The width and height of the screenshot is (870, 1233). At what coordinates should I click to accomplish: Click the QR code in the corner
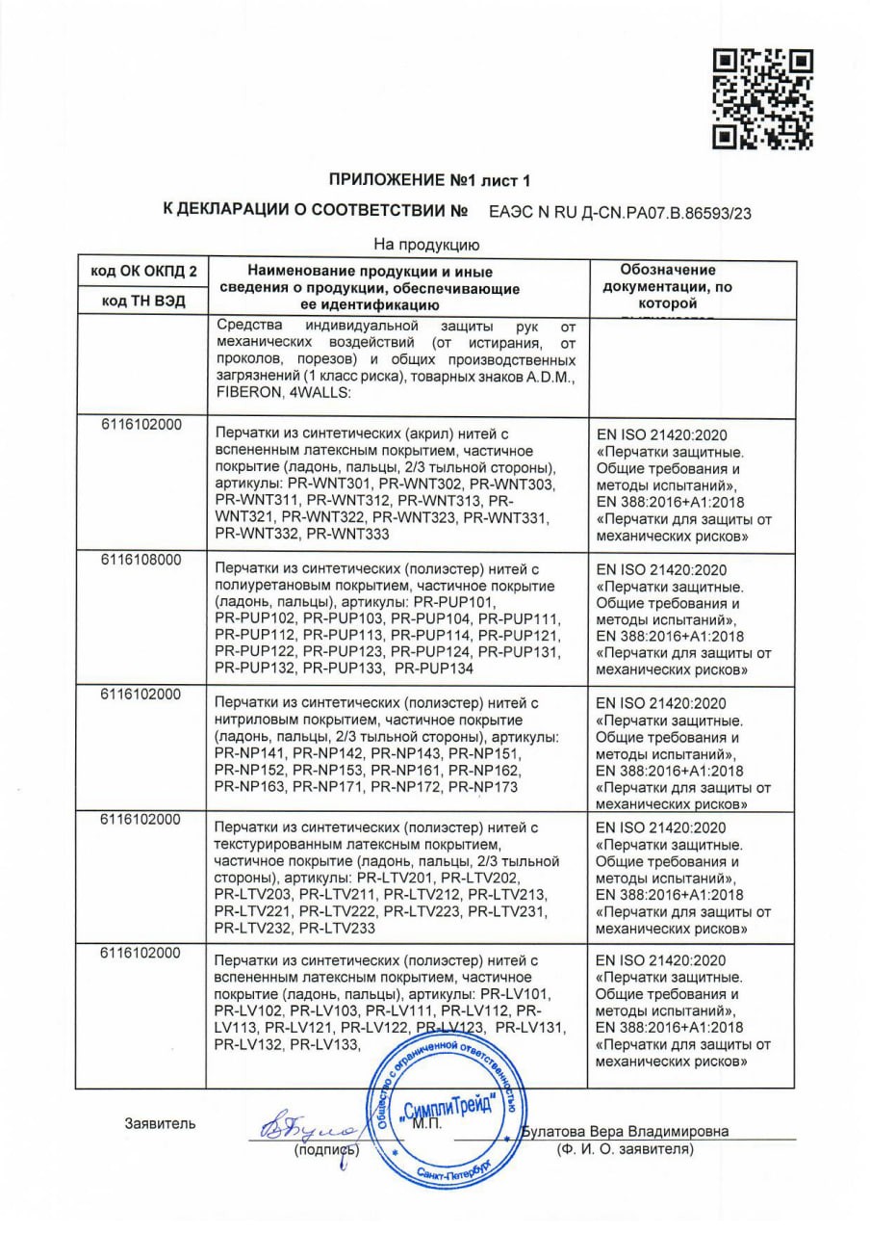[x=762, y=98]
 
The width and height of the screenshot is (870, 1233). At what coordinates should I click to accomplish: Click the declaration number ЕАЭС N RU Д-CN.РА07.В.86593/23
[x=620, y=213]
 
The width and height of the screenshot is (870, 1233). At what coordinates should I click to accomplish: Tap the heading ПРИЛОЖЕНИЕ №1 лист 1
[x=429, y=179]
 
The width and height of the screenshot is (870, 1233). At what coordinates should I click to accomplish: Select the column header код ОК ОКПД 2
[x=142, y=272]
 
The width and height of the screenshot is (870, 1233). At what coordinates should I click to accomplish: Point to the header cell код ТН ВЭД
[x=142, y=301]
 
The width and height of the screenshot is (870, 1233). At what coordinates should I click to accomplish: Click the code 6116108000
[x=141, y=560]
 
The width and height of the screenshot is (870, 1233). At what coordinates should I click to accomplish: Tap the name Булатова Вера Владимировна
[x=626, y=1131]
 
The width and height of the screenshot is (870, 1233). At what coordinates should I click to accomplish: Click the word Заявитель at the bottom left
[x=160, y=1122]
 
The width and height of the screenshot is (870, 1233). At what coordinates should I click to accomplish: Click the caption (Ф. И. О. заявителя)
[x=625, y=1150]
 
